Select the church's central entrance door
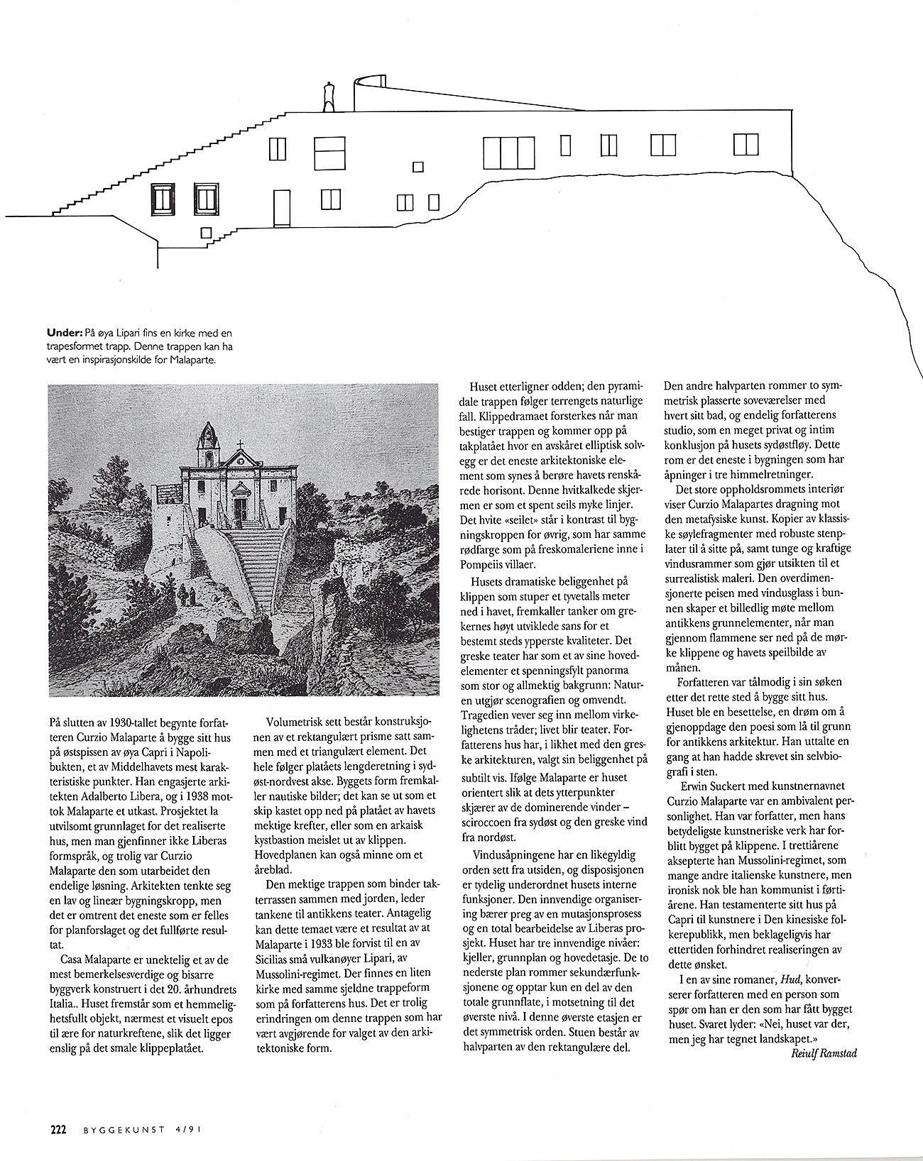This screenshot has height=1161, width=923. [240, 508]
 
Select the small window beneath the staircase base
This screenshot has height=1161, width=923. [206, 232]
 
